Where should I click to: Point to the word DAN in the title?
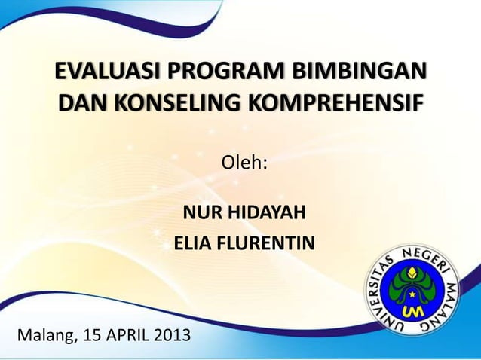click(81, 102)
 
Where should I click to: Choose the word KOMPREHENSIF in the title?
click(338, 102)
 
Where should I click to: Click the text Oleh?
click(244, 163)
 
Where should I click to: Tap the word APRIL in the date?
click(130, 334)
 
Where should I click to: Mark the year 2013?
click(172, 334)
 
